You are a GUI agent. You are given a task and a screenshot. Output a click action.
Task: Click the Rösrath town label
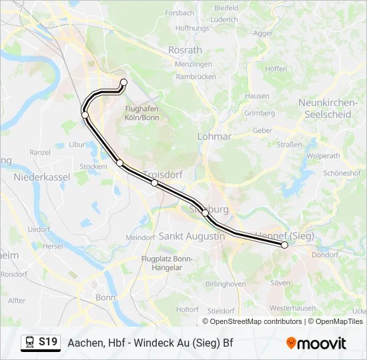point(185,50)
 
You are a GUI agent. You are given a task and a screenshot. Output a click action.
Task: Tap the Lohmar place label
point(214,136)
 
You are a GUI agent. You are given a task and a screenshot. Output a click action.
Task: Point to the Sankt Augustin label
point(192,237)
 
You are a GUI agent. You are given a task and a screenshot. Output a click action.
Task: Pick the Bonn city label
point(105,297)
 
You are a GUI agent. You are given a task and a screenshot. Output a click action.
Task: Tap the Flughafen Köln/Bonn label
point(141,113)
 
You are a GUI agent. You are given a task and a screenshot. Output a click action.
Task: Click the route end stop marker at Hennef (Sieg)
point(285,245)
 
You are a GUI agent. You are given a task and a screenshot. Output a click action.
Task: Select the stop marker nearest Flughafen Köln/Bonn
point(123,83)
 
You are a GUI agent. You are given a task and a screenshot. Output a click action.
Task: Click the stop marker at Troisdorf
point(154,183)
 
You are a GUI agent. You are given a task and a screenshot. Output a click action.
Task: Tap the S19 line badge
point(47,342)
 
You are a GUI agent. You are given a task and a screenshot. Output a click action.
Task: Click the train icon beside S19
point(30,343)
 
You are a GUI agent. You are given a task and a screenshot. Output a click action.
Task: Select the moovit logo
point(316,343)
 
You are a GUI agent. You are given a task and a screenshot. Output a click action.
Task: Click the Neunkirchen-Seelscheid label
point(324,108)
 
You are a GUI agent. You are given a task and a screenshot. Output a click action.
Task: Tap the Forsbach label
point(179,13)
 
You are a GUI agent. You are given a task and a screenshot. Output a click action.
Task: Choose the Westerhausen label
point(292,308)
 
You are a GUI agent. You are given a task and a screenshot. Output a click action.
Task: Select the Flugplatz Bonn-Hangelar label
point(167,263)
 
